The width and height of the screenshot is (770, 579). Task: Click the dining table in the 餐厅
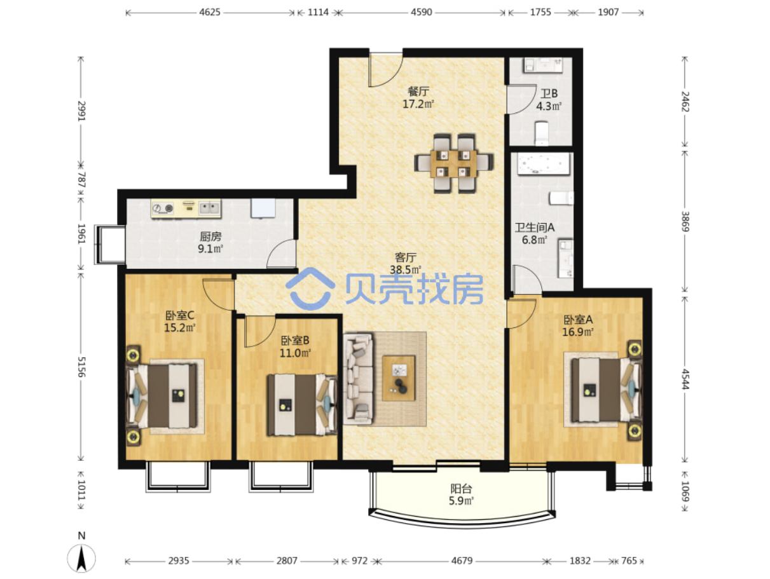click(x=453, y=164)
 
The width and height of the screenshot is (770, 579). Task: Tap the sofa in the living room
click(x=358, y=379)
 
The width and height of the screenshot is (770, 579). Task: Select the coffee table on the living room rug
click(x=399, y=378)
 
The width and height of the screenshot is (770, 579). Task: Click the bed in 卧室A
click(x=606, y=390)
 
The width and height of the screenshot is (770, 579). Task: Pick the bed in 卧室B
click(x=302, y=405)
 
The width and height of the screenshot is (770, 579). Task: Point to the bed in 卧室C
click(x=162, y=396)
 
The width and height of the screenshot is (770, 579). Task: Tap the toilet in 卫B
click(x=542, y=133)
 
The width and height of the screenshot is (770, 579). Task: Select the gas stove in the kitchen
click(x=163, y=208)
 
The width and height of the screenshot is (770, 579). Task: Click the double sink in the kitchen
click(x=209, y=208)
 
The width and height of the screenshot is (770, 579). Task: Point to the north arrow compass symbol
click(x=81, y=558)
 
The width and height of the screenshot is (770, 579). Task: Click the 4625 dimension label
click(x=210, y=12)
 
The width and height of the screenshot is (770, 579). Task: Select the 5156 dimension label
click(x=81, y=367)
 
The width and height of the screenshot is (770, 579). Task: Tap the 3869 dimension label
click(x=685, y=222)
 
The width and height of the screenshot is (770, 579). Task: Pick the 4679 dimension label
click(x=462, y=561)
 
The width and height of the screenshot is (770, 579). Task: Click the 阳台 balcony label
click(x=461, y=489)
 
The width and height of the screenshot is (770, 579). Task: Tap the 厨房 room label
click(x=210, y=236)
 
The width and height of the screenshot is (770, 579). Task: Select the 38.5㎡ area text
click(x=406, y=269)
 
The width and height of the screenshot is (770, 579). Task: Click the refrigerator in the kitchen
click(x=263, y=208)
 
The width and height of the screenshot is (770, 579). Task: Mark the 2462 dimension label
click(x=685, y=102)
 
